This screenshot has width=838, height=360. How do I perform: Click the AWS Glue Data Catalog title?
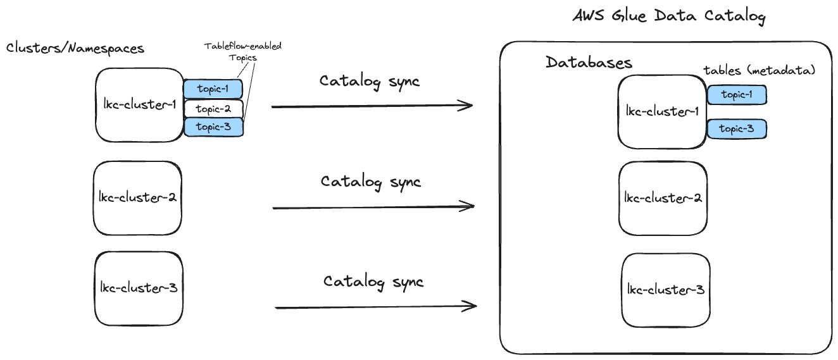[668, 16]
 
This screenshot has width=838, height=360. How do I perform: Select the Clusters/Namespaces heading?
[75, 48]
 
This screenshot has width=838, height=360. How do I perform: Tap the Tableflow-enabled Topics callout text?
[242, 52]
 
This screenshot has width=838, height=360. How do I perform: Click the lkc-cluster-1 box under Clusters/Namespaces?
[139, 105]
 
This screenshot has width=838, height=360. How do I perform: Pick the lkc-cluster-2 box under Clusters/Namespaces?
[137, 197]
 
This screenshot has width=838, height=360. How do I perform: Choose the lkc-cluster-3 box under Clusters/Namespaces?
[139, 288]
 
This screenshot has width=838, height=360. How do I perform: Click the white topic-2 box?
[213, 109]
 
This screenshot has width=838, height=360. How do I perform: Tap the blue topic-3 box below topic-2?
[213, 127]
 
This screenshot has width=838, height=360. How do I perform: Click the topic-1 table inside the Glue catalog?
[737, 95]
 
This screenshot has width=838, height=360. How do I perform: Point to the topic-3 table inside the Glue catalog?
[737, 129]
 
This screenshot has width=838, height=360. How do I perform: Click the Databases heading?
[589, 63]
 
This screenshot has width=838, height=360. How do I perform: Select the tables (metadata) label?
[759, 71]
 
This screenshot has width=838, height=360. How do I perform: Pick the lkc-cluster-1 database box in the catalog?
[662, 111]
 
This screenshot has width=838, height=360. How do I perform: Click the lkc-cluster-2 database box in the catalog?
[663, 198]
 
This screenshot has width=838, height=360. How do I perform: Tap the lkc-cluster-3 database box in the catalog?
[665, 290]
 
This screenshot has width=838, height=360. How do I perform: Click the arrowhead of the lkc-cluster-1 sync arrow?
[467, 106]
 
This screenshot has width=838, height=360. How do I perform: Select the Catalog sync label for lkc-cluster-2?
[370, 182]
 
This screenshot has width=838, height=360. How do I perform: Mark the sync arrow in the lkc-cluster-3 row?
[375, 307]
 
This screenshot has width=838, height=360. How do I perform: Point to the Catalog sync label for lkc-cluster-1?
[369, 82]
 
